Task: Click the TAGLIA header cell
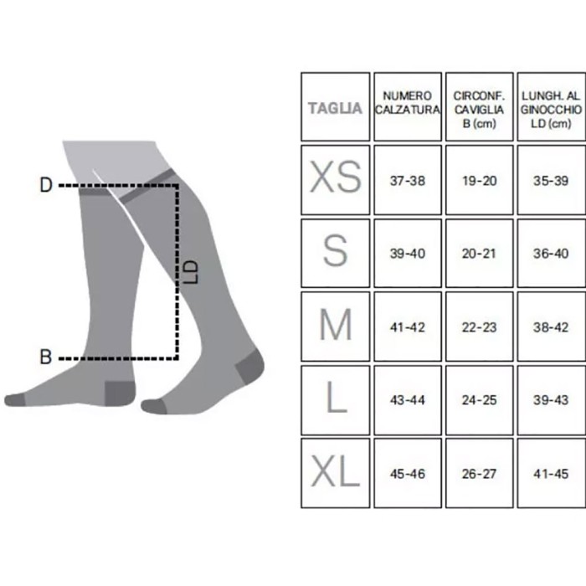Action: pos(335,107)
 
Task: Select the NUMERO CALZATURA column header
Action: pos(408,107)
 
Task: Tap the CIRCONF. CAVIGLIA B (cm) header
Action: pos(479,107)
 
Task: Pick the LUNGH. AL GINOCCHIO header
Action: pos(551,107)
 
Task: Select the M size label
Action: pos(335,326)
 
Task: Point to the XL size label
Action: pos(335,473)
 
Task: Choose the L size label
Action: pos(335,399)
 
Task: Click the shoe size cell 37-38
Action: pos(408,180)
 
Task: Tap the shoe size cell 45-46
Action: pos(408,474)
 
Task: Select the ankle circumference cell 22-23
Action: pos(479,326)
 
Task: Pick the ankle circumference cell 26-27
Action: pos(479,474)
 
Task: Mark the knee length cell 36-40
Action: pos(551,254)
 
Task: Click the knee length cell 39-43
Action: pos(551,400)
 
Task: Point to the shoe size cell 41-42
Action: pos(408,326)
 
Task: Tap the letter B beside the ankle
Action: pos(47,357)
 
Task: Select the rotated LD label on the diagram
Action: pos(191,270)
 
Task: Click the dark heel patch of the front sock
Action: pos(249,366)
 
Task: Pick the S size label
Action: pos(335,252)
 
